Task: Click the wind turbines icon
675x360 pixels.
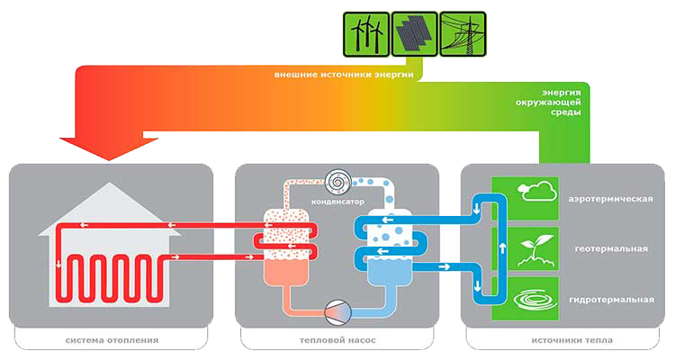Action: click(x=366, y=34)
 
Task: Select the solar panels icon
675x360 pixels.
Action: click(x=414, y=34)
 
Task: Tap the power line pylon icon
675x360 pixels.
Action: click(x=463, y=34)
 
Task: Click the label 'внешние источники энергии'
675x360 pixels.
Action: click(x=344, y=75)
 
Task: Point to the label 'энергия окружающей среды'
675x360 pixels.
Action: click(x=548, y=102)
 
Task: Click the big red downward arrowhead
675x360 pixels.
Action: click(x=109, y=148)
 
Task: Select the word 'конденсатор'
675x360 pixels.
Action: click(x=337, y=202)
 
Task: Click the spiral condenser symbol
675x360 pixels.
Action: click(x=338, y=182)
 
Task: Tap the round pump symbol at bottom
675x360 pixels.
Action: click(x=337, y=312)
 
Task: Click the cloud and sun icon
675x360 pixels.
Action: click(x=536, y=191)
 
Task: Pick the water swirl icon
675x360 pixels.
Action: click(x=535, y=300)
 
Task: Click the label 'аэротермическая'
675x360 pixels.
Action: click(x=610, y=199)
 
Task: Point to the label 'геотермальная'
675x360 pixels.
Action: click(x=611, y=249)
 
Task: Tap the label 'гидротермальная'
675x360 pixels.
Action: click(x=611, y=300)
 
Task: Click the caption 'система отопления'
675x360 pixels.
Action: click(x=112, y=340)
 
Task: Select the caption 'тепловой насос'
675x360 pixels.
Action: click(x=337, y=340)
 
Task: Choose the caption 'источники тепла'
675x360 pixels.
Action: click(x=571, y=340)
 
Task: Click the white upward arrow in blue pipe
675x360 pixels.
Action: click(x=502, y=248)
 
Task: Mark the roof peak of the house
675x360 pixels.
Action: click(x=110, y=182)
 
